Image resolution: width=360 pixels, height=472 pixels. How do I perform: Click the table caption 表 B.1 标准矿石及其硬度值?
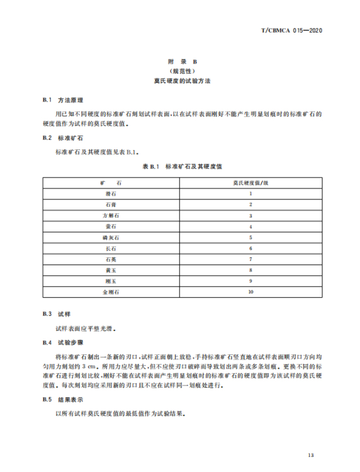click(180, 167)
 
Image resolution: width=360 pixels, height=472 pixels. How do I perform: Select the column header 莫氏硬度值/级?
click(251, 183)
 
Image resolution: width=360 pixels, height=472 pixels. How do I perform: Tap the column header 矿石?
click(111, 183)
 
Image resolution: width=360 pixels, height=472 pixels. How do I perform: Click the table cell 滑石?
click(111, 194)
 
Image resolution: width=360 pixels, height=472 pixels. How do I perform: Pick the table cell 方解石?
click(111, 216)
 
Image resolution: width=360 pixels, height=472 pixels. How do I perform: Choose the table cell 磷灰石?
click(111, 238)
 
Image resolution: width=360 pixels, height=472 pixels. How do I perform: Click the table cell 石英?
click(111, 260)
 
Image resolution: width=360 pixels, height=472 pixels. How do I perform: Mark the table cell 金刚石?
click(111, 292)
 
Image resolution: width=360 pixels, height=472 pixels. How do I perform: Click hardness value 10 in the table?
click(251, 292)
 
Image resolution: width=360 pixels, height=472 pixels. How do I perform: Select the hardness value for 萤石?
click(251, 226)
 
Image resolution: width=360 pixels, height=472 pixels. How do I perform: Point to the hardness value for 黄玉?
click(251, 270)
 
